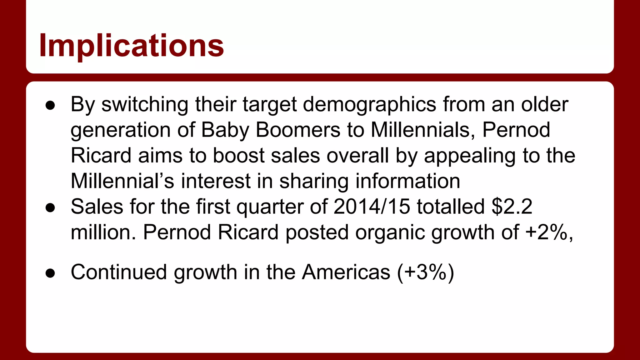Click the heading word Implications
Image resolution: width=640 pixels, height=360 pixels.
click(131, 46)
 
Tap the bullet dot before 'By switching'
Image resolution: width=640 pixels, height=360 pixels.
click(50, 105)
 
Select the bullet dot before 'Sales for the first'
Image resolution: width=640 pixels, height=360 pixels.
click(50, 208)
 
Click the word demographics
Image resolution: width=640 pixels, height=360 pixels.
click(369, 105)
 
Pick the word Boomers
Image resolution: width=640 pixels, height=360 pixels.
click(298, 130)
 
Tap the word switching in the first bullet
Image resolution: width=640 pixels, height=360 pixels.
click(145, 105)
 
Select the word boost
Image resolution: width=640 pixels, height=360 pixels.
click(238, 156)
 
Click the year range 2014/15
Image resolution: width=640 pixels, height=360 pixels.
click(372, 207)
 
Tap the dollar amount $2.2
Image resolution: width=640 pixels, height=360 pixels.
click(512, 207)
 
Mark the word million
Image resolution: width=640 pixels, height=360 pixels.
click(103, 232)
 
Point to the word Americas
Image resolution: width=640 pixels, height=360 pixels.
click(346, 272)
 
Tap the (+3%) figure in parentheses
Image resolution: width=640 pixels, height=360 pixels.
click(426, 272)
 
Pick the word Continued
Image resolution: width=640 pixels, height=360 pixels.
click(119, 272)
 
